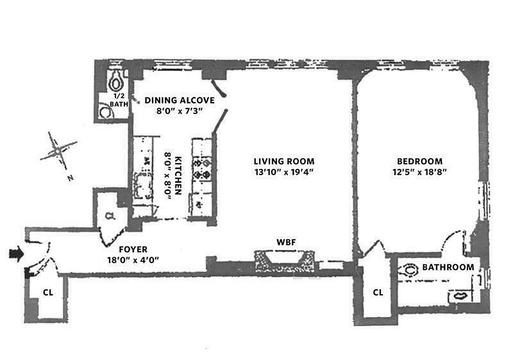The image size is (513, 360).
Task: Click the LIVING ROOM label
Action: click(x=284, y=161)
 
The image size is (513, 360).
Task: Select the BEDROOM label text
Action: click(x=419, y=161)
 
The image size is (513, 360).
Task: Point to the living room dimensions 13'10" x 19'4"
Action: click(x=284, y=171)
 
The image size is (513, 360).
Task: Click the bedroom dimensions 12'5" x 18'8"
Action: click(x=419, y=171)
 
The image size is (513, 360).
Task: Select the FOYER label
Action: click(x=133, y=249)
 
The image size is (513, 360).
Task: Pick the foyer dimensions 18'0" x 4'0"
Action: click(x=133, y=259)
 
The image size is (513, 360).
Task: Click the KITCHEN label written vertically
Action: click(x=178, y=175)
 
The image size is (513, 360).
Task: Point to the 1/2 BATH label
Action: click(x=119, y=100)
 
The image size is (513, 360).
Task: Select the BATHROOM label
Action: click(x=448, y=267)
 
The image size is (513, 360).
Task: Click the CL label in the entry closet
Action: click(x=48, y=292)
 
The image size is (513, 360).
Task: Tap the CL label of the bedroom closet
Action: click(x=378, y=292)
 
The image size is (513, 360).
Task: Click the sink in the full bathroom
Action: click(x=460, y=296)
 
